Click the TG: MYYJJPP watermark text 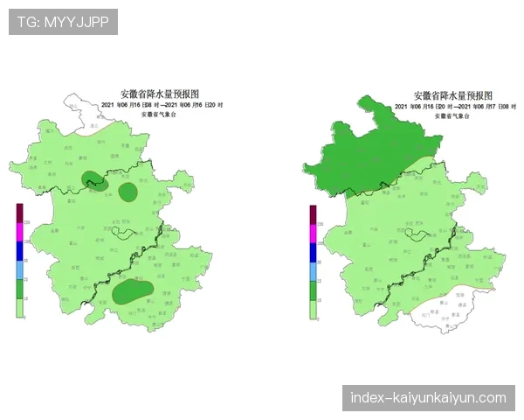[x=62, y=22]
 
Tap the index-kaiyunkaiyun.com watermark [x=428, y=398]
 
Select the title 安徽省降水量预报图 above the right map [x=453, y=94]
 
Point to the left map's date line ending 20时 [x=162, y=105]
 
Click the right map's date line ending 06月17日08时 [x=455, y=106]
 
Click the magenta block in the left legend [x=20, y=233]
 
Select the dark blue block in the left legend [x=20, y=252]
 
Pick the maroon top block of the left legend [x=20, y=214]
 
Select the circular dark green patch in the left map [x=128, y=192]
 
